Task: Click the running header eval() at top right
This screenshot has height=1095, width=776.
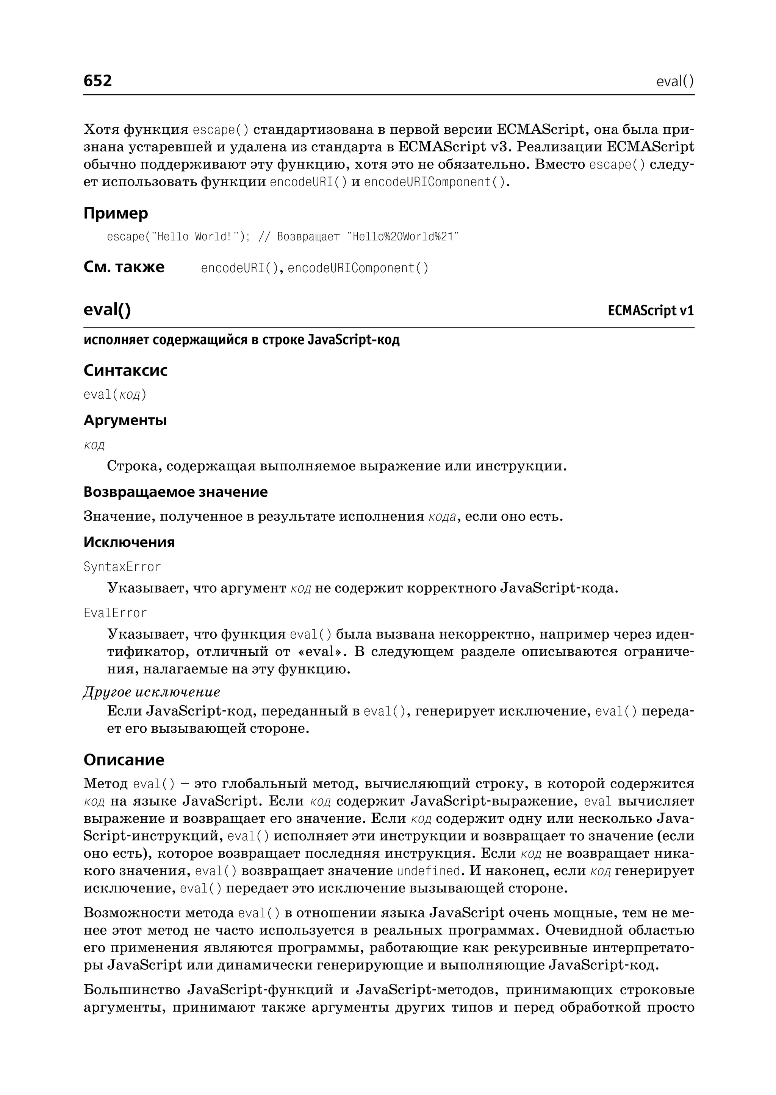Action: point(675,82)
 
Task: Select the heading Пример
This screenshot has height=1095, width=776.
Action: point(116,213)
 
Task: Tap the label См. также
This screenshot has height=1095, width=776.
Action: point(124,267)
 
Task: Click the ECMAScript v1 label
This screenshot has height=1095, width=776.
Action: point(650,311)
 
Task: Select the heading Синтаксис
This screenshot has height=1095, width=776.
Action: point(125,370)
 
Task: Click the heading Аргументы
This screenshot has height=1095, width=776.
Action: point(125,420)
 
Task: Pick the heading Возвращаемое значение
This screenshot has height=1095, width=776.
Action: point(175,492)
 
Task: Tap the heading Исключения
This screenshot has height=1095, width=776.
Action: point(129,542)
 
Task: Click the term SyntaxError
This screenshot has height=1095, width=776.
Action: point(122,567)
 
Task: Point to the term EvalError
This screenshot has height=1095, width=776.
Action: point(115,613)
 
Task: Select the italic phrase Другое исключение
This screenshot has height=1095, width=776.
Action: point(152,692)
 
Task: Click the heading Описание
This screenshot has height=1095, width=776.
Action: point(124,760)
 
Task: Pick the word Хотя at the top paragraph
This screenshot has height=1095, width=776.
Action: point(101,129)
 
